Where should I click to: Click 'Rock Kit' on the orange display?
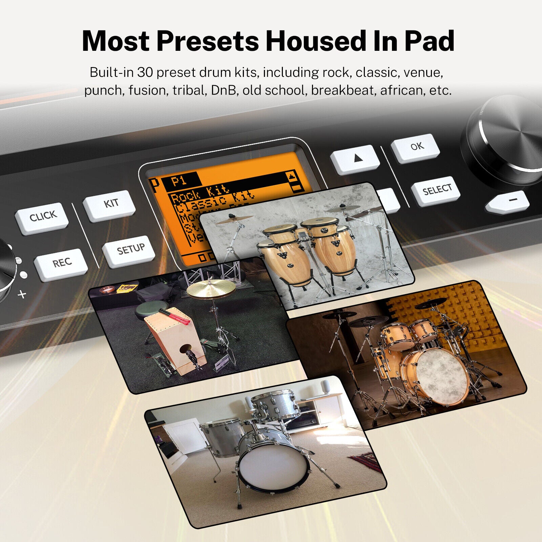(200, 194)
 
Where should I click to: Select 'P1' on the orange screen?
(180, 180)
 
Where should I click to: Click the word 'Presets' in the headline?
(207, 41)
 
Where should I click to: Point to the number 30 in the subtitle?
(145, 72)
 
